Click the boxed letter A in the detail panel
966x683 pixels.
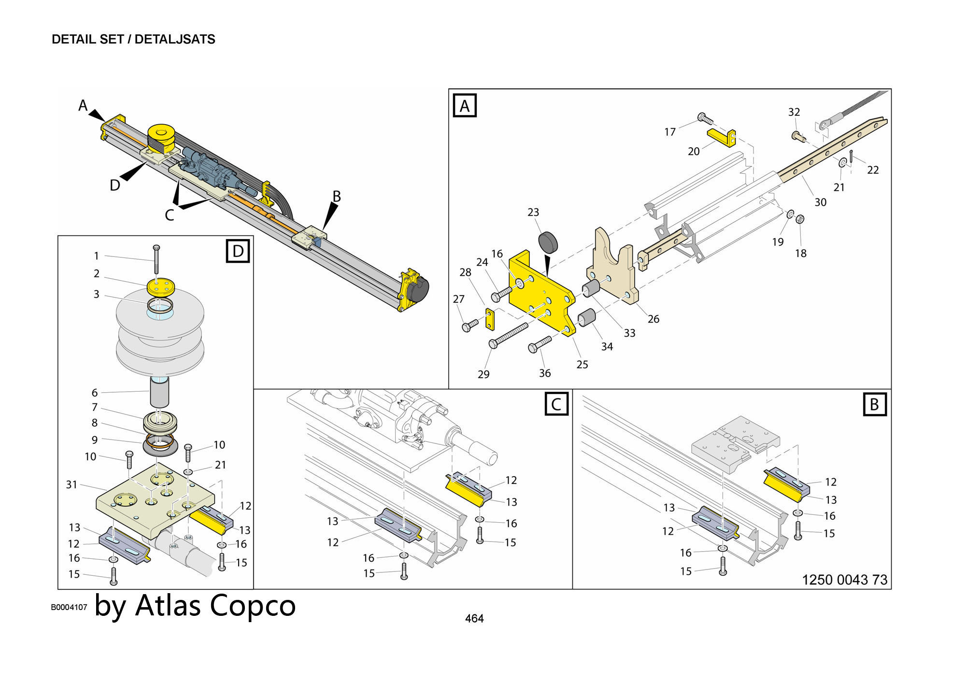point(465,106)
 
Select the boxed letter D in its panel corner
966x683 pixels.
point(238,251)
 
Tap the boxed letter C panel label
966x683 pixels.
point(556,404)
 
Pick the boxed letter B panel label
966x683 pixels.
point(874,404)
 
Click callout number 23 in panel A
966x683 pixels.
point(533,212)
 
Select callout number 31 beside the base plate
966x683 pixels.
point(71,484)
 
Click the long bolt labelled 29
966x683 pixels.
point(509,335)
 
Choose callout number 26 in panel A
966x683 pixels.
point(653,319)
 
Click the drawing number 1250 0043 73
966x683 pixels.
point(844,580)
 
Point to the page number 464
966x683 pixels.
point(474,618)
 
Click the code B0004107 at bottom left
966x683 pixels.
point(69,607)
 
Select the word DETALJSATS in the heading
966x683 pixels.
point(175,39)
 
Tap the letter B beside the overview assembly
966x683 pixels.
point(337,196)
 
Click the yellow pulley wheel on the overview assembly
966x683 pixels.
point(161,134)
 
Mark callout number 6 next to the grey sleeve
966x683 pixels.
point(95,393)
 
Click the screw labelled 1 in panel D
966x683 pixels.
point(156,259)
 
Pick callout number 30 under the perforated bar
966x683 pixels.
point(820,202)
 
